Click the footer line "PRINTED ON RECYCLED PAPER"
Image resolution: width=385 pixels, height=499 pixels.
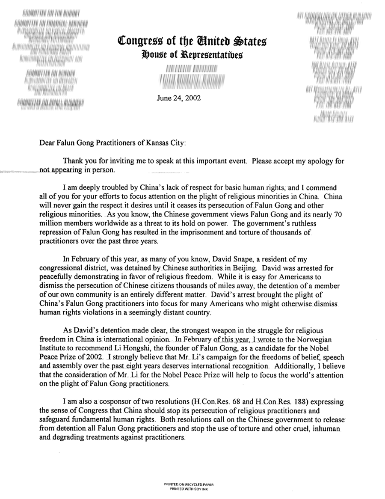(x=189, y=484)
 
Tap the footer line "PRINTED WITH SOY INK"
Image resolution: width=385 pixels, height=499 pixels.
(x=189, y=488)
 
